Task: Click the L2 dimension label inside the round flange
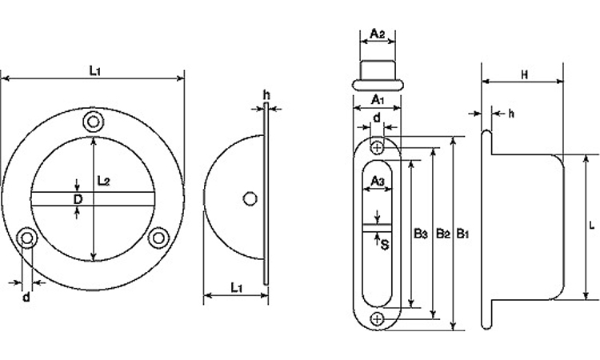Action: click(x=103, y=181)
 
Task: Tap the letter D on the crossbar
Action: click(x=78, y=199)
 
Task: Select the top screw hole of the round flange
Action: click(x=94, y=122)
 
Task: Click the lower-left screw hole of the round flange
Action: click(x=27, y=238)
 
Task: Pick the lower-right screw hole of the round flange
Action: click(x=158, y=238)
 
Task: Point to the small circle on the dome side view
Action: click(x=250, y=199)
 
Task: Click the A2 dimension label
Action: click(x=378, y=34)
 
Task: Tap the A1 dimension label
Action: click(x=378, y=100)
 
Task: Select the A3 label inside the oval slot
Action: click(x=378, y=181)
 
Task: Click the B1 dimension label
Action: click(x=462, y=234)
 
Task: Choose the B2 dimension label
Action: click(x=442, y=234)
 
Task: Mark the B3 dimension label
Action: click(x=421, y=234)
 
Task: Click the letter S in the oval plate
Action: click(x=385, y=245)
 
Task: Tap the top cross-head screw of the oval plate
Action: click(x=378, y=147)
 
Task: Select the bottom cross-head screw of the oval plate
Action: click(x=378, y=318)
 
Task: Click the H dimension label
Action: click(x=525, y=74)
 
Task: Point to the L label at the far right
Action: click(x=591, y=226)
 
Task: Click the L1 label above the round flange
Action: click(x=95, y=70)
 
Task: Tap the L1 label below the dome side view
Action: click(x=237, y=287)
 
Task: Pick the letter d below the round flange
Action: click(x=26, y=297)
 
